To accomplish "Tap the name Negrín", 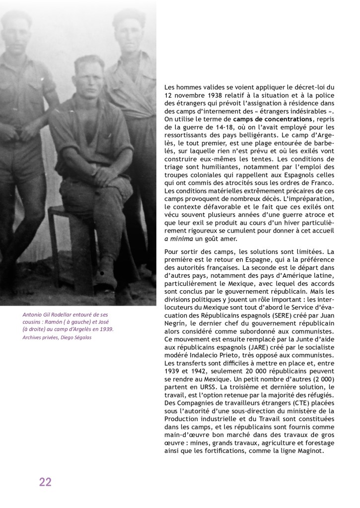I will click(176, 323).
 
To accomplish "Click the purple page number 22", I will click(45, 482).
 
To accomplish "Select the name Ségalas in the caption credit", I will click(80, 338).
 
